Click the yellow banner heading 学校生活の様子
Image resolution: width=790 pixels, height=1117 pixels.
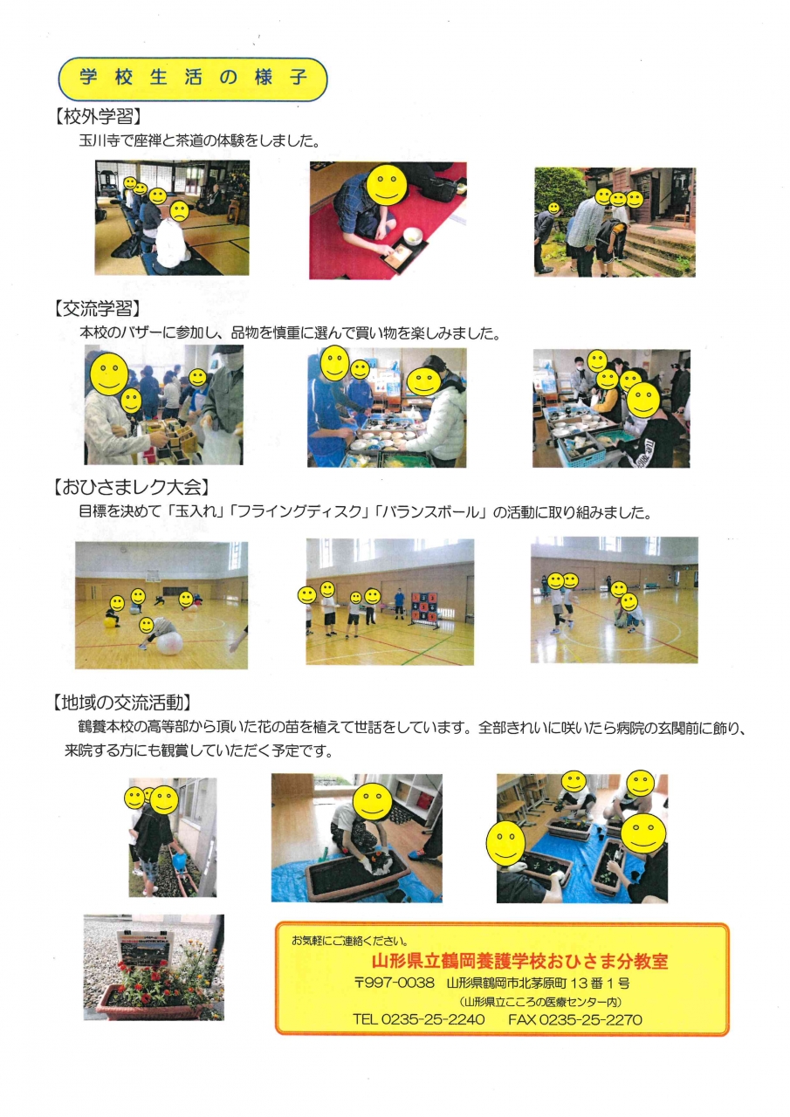pos(193,79)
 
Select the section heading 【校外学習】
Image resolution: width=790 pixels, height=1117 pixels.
pos(97,116)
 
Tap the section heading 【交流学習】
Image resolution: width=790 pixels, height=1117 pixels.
pos(97,309)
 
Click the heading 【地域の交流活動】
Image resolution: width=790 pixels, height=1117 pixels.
pos(122,702)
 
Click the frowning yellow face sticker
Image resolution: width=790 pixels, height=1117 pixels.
pos(179,211)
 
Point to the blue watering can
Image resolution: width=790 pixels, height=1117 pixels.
pos(179,860)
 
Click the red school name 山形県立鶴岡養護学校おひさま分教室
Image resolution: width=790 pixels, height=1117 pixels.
pos(519,961)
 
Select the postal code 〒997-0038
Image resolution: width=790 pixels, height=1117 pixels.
pos(395,983)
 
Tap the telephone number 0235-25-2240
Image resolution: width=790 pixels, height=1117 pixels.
pos(433,1019)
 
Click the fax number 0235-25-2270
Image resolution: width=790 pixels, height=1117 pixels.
pos(590,1019)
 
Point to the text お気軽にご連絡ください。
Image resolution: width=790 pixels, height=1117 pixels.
pos(350,941)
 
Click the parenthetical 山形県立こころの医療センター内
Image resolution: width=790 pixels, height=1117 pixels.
pos(541,1001)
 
